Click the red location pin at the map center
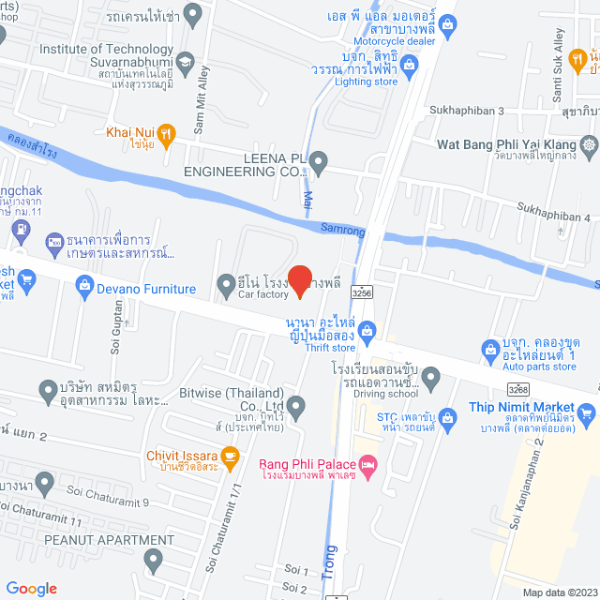coord(299,280)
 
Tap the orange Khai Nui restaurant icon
coord(166,134)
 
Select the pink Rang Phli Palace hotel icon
coord(368,464)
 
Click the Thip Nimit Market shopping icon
coord(587,411)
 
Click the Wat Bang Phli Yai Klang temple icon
coord(589,145)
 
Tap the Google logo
coord(31,588)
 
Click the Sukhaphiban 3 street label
coord(467,111)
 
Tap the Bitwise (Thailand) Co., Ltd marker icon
coord(296,407)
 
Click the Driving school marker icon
coord(431,378)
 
